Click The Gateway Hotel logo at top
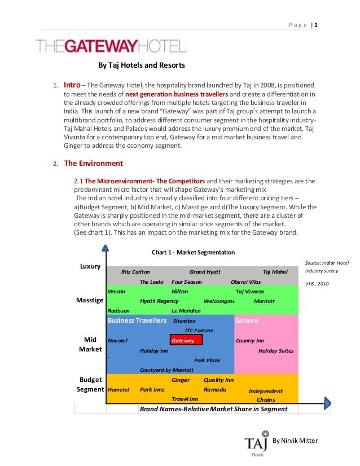[111, 45]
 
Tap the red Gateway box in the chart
[186, 341]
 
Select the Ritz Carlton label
[136, 271]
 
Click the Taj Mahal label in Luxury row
[275, 271]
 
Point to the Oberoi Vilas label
[246, 282]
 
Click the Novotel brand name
[118, 341]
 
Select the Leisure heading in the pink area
[247, 320]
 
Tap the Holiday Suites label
[276, 350]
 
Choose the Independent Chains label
[266, 395]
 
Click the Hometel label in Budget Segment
[118, 390]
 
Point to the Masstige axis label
[90, 301]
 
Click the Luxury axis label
[90, 266]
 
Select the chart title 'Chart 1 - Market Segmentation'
[194, 252]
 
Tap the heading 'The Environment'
[94, 164]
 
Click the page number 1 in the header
[316, 24]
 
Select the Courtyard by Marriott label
[166, 370]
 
